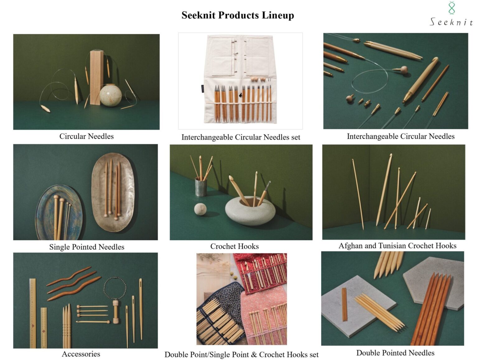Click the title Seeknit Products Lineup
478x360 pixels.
click(x=238, y=15)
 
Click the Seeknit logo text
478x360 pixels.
click(x=451, y=22)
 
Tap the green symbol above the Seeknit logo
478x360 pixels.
click(x=452, y=8)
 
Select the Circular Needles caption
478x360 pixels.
click(x=87, y=136)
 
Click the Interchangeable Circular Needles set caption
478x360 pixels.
click(x=241, y=137)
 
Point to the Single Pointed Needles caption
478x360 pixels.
click(x=87, y=247)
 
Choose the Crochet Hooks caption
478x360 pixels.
click(x=234, y=246)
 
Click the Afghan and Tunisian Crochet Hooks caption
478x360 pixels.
click(x=397, y=246)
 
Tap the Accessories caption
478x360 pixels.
click(x=81, y=354)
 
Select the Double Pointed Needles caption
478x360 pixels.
click(x=395, y=353)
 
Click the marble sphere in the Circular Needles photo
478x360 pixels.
click(x=110, y=95)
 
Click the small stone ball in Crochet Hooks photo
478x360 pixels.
click(x=200, y=209)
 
